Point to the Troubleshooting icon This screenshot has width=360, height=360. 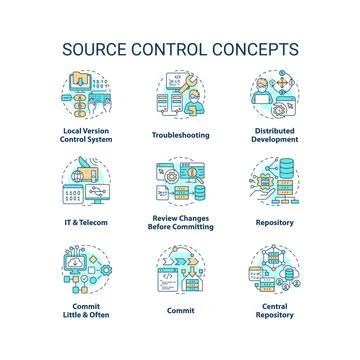point(180,97)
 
